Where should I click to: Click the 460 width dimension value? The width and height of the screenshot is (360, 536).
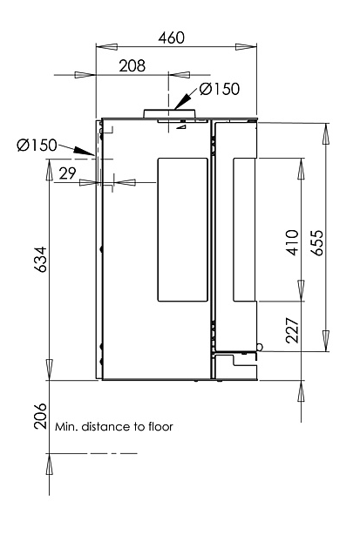pyautogui.click(x=171, y=37)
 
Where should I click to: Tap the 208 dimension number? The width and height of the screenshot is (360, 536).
pyautogui.click(x=132, y=65)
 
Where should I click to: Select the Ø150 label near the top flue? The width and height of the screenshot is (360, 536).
pyautogui.click(x=220, y=89)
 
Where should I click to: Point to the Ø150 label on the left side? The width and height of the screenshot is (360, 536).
pyautogui.click(x=37, y=145)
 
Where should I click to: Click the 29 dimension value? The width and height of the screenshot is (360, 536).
pyautogui.click(x=67, y=173)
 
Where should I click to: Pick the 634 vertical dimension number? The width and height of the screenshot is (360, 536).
pyautogui.click(x=40, y=259)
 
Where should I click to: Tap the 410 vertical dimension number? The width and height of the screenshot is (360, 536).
pyautogui.click(x=292, y=242)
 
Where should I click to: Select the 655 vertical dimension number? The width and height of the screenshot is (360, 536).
pyautogui.click(x=317, y=242)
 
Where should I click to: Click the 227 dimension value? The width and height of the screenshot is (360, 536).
pyautogui.click(x=292, y=330)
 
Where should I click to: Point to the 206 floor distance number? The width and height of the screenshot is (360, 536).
pyautogui.click(x=40, y=416)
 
